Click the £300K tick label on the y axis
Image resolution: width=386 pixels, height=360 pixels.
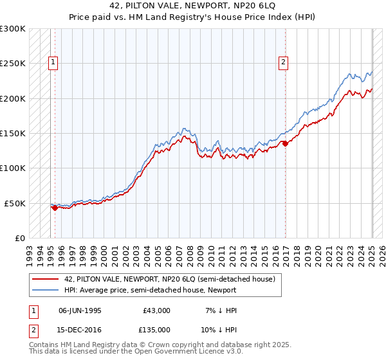point(13,29)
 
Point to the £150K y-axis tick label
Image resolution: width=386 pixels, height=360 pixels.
point(13,134)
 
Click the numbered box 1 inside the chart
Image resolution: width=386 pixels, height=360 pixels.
point(53,62)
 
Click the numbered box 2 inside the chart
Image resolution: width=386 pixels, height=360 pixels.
point(282,62)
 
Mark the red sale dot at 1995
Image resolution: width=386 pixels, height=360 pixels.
point(55,208)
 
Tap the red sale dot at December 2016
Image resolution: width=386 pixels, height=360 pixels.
point(285,143)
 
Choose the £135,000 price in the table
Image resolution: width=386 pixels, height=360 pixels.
point(157,330)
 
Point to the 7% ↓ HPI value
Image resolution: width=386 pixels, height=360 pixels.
point(220,310)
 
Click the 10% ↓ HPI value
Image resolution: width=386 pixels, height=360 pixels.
point(220,330)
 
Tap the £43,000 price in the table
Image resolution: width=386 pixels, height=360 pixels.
point(157,310)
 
